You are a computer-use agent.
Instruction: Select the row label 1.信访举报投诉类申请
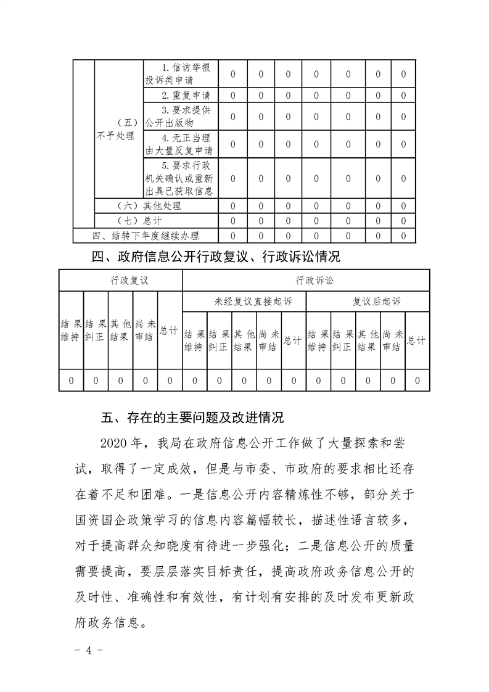pyautogui.click(x=181, y=74)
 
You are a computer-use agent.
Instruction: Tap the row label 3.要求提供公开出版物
pyautogui.click(x=181, y=115)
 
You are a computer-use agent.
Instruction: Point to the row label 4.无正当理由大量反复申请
pyautogui.click(x=181, y=143)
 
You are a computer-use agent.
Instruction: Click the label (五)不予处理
pyautogui.click(x=117, y=130)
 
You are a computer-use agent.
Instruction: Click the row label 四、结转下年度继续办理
pyautogui.click(x=146, y=235)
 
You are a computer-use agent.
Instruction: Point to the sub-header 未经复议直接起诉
pyautogui.click(x=244, y=302)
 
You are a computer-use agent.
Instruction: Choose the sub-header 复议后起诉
pyautogui.click(x=368, y=302)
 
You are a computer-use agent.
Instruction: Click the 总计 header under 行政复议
pyautogui.click(x=170, y=331)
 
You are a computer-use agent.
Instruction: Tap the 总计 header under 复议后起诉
pyautogui.click(x=417, y=340)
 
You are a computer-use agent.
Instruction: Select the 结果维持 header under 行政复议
pyautogui.click(x=70, y=331)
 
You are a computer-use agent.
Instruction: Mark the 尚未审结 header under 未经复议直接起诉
pyautogui.click(x=269, y=340)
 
